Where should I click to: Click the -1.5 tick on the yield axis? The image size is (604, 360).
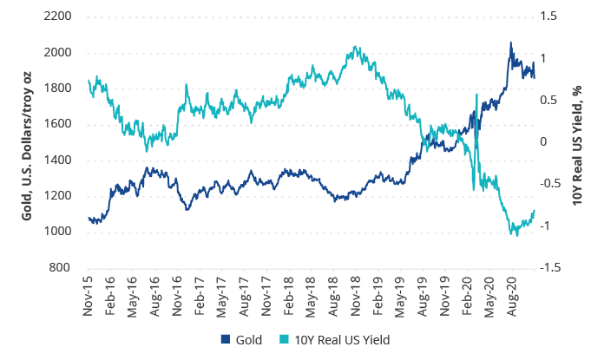coord(553,267)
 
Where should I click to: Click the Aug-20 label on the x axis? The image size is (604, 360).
coord(513,296)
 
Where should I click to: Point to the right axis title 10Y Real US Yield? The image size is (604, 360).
coord(578,141)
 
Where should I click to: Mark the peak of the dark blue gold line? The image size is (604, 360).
coord(510,43)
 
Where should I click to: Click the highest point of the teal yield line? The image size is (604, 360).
coord(356,48)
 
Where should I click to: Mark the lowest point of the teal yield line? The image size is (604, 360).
coord(514,235)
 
